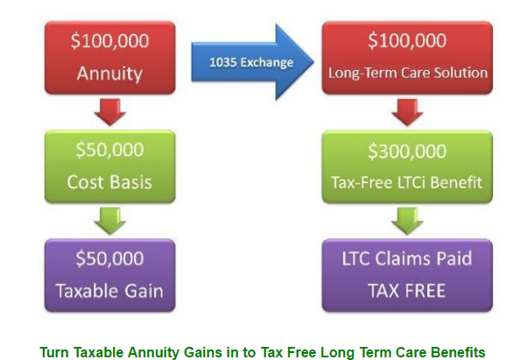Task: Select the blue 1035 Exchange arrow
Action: tap(249, 62)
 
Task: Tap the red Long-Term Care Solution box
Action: tap(407, 56)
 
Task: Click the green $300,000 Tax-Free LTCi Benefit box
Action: tap(407, 166)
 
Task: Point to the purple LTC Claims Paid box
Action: tap(407, 275)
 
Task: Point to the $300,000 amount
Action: tap(407, 151)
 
